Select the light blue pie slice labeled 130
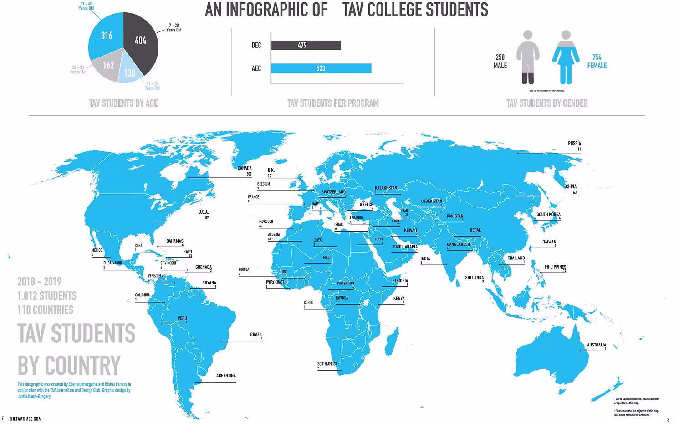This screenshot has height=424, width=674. point(129,73)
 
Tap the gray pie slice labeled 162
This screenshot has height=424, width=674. point(107,66)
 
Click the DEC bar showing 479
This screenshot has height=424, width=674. point(306,45)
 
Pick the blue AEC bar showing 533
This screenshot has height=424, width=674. point(321,68)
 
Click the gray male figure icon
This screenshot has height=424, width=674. point(528,57)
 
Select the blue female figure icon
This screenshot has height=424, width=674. point(566,57)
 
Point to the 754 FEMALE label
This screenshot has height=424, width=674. point(597,62)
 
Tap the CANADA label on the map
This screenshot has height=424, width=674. point(245,168)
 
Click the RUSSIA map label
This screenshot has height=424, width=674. point(574,144)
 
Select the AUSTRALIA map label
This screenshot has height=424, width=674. point(596,345)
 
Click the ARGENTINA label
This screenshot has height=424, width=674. point(226,376)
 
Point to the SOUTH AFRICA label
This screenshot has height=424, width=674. point(327,364)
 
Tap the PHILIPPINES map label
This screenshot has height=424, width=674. point(555,267)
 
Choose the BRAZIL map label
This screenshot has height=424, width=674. point(256,335)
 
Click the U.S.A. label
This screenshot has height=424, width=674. point(203,212)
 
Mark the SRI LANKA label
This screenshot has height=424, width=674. point(474,278)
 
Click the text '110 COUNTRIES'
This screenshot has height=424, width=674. point(45,310)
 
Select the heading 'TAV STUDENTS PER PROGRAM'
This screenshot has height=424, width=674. point(333,103)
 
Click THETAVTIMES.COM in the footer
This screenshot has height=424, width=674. point(25,419)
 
